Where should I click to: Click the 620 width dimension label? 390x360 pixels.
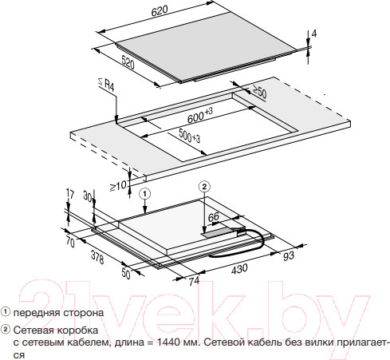(160, 11)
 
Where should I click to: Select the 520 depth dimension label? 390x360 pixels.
(128, 62)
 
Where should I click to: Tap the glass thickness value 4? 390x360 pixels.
(314, 34)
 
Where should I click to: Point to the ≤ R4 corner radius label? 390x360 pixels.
(106, 84)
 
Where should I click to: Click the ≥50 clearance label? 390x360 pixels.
(259, 92)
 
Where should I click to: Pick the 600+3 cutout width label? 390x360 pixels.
(200, 116)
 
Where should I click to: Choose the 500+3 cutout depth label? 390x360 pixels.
(189, 136)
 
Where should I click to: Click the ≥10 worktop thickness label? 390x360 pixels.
(118, 186)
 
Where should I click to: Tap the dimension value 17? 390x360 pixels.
(69, 195)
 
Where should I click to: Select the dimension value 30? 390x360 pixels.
(88, 196)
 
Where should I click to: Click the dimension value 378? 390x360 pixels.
(97, 257)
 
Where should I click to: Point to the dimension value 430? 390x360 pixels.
(239, 269)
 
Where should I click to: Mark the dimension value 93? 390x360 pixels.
(289, 255)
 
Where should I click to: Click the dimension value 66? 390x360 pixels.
(214, 217)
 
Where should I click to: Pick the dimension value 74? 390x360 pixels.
(194, 282)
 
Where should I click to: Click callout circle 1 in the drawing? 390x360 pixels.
(145, 194)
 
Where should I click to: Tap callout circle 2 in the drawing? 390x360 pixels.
(204, 187)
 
